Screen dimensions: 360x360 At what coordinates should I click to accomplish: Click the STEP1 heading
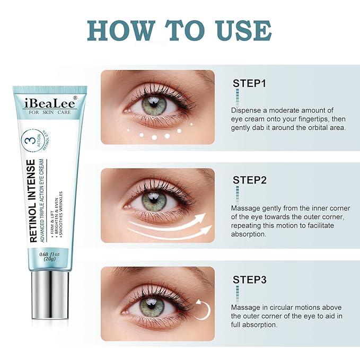click(x=249, y=83)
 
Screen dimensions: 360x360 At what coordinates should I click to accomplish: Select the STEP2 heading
click(x=250, y=180)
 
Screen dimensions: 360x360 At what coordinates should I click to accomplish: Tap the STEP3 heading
click(x=250, y=280)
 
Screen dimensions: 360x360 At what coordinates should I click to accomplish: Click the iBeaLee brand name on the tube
click(x=50, y=104)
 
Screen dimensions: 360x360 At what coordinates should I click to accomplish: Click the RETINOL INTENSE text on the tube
click(x=32, y=201)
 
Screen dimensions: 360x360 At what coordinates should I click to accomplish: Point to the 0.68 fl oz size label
click(x=49, y=254)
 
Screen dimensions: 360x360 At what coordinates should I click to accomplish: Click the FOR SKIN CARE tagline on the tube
click(x=50, y=112)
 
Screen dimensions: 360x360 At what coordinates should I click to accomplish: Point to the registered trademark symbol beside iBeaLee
click(x=75, y=98)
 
